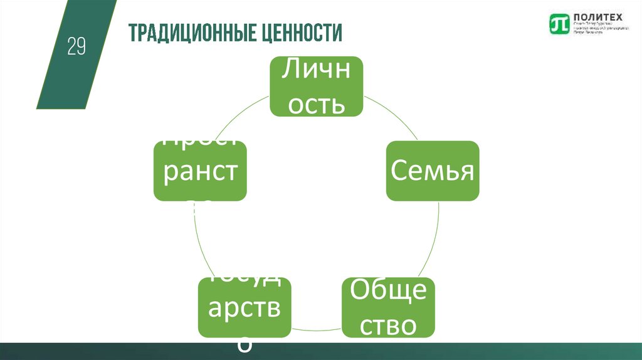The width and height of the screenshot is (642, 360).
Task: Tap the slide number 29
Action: tap(76, 47)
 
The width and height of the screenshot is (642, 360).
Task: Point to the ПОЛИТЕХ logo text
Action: tap(591, 18)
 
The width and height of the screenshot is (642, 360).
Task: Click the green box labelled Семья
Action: tap(432, 171)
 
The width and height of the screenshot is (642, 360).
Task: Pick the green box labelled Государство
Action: tap(245, 307)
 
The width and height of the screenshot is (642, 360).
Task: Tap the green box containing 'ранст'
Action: tap(200, 171)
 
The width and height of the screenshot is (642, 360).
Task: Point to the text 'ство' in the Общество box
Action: tap(388, 326)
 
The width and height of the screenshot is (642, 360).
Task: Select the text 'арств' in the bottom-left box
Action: tap(245, 309)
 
